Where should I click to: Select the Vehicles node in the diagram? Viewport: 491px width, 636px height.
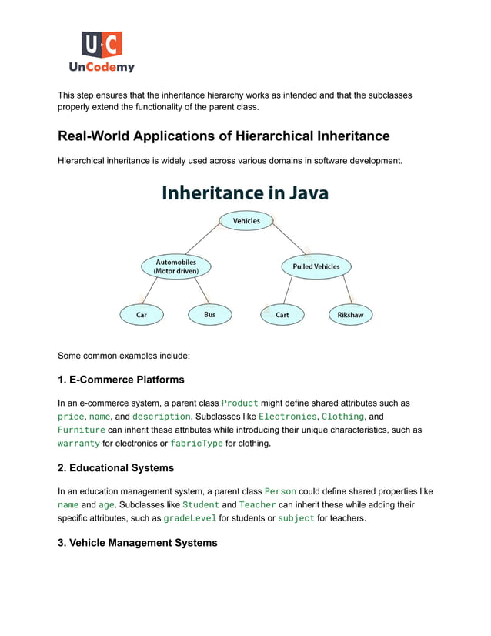pos(246,221)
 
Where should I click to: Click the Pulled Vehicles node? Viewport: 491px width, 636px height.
pos(316,266)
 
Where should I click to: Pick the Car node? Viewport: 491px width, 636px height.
pos(142,315)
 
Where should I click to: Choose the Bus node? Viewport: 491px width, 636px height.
pos(209,315)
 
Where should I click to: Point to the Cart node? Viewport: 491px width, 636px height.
pos(282,315)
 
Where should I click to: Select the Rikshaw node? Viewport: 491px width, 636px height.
pos(350,315)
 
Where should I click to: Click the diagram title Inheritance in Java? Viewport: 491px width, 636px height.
pos(245,192)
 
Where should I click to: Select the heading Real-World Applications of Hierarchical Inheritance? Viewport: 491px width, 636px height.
pos(224,136)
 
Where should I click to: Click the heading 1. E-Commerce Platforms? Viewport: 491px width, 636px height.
pos(121,380)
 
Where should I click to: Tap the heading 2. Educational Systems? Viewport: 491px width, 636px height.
pos(115,468)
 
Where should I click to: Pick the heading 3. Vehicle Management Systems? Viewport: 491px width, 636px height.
pos(138,543)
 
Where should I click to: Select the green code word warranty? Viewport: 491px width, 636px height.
pos(78,444)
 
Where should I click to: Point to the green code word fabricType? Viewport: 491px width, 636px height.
pos(196,444)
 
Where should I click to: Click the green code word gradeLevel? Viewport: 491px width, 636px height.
pos(189,518)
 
